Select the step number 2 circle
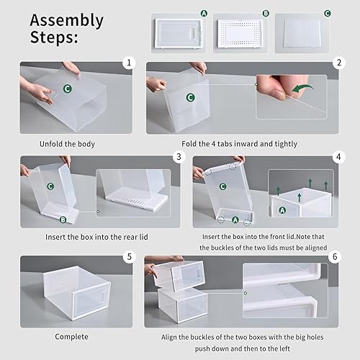point(336,63)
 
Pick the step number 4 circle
point(337,156)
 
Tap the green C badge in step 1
point(68,89)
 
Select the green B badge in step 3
point(63,219)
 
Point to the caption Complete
point(71,336)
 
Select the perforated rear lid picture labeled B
point(242,33)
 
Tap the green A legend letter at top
point(204,13)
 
